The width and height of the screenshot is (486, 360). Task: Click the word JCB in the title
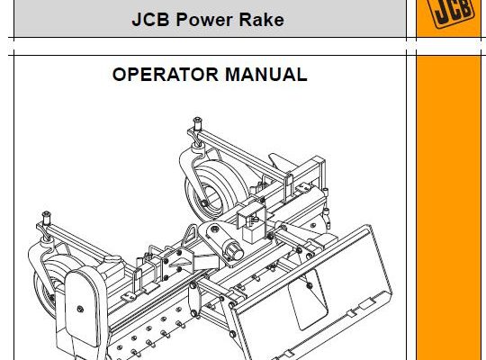(150, 20)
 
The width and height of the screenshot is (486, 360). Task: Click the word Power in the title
(204, 20)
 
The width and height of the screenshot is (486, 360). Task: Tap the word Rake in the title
(262, 20)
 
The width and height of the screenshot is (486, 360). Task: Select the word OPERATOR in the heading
(166, 75)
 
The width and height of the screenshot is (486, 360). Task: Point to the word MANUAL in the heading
(266, 75)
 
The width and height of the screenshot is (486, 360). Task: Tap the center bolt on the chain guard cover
(80, 309)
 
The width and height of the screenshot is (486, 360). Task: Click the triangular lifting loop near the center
(189, 236)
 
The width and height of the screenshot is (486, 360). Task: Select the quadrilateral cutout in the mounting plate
(308, 299)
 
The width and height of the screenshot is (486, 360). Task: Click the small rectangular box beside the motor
(254, 233)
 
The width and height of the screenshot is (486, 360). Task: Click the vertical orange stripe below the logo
(448, 208)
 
